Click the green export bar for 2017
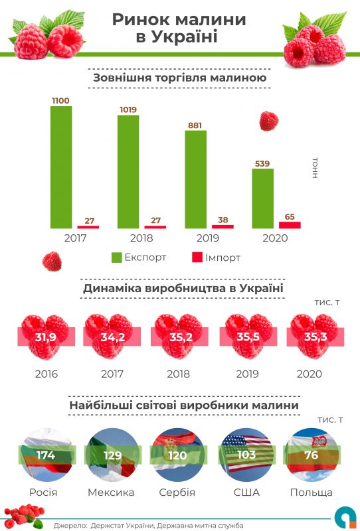[x=61, y=167]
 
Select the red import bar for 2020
[x=290, y=225]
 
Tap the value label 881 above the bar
[x=195, y=124]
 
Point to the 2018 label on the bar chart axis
[x=141, y=238]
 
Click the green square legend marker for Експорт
[x=116, y=257]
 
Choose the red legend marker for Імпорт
[x=196, y=257]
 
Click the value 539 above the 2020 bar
[x=262, y=163]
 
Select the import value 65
[x=290, y=216]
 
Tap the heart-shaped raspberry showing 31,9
[x=45, y=337]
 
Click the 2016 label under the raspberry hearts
[x=45, y=374]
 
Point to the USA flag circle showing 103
[x=246, y=455]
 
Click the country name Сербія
[x=177, y=493]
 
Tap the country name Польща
[x=311, y=493]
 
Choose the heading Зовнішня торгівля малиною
[x=179, y=78]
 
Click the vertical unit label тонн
[x=315, y=168]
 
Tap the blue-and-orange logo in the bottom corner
[x=343, y=518]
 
